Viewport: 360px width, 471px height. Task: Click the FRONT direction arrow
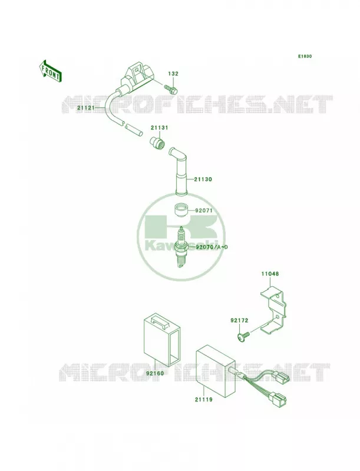(x=51, y=71)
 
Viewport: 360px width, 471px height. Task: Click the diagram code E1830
(x=305, y=56)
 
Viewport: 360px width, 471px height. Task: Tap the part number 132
(x=173, y=74)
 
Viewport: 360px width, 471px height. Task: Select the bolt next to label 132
(x=171, y=88)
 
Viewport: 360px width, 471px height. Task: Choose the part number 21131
(x=160, y=128)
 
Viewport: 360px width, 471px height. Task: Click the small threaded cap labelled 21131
(x=157, y=142)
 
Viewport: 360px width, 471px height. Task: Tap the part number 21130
(x=203, y=180)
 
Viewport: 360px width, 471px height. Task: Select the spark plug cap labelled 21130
(x=179, y=171)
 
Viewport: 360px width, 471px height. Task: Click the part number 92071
(x=204, y=211)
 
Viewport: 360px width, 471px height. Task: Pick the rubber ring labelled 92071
(x=181, y=210)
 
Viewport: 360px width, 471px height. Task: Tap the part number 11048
(x=269, y=274)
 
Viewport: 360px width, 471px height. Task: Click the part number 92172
(x=239, y=320)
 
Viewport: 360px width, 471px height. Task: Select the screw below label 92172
(x=243, y=337)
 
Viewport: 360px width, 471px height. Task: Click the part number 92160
(x=155, y=374)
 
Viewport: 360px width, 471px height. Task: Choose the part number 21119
(x=203, y=400)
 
